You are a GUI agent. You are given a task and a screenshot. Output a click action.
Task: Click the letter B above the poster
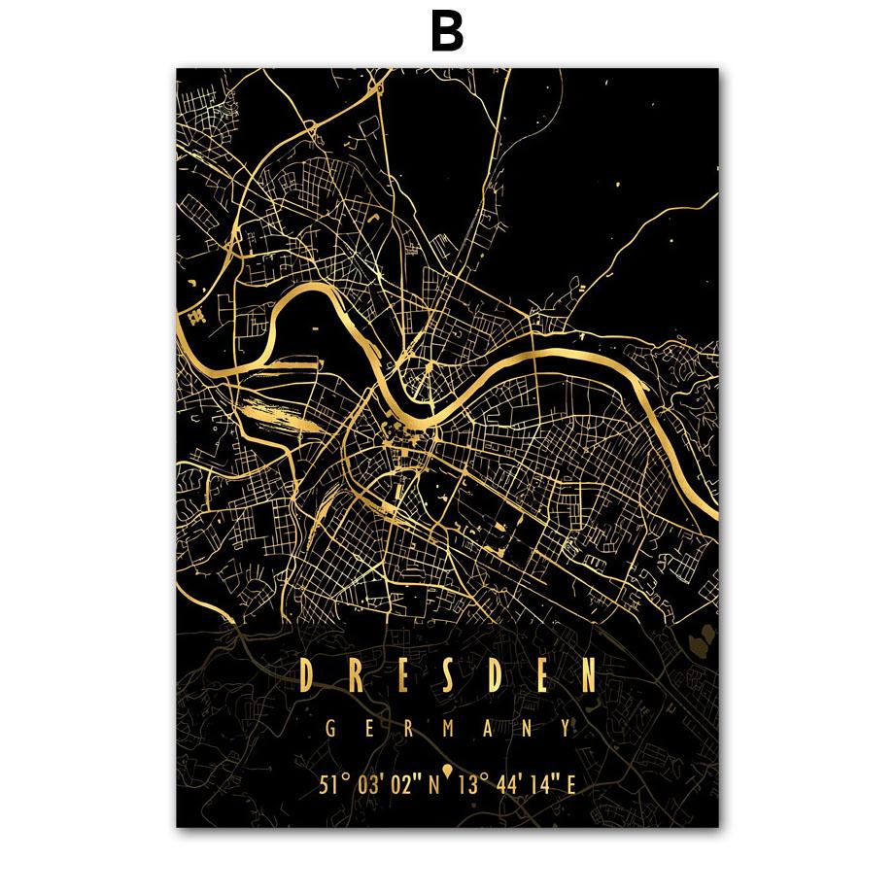(447, 33)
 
